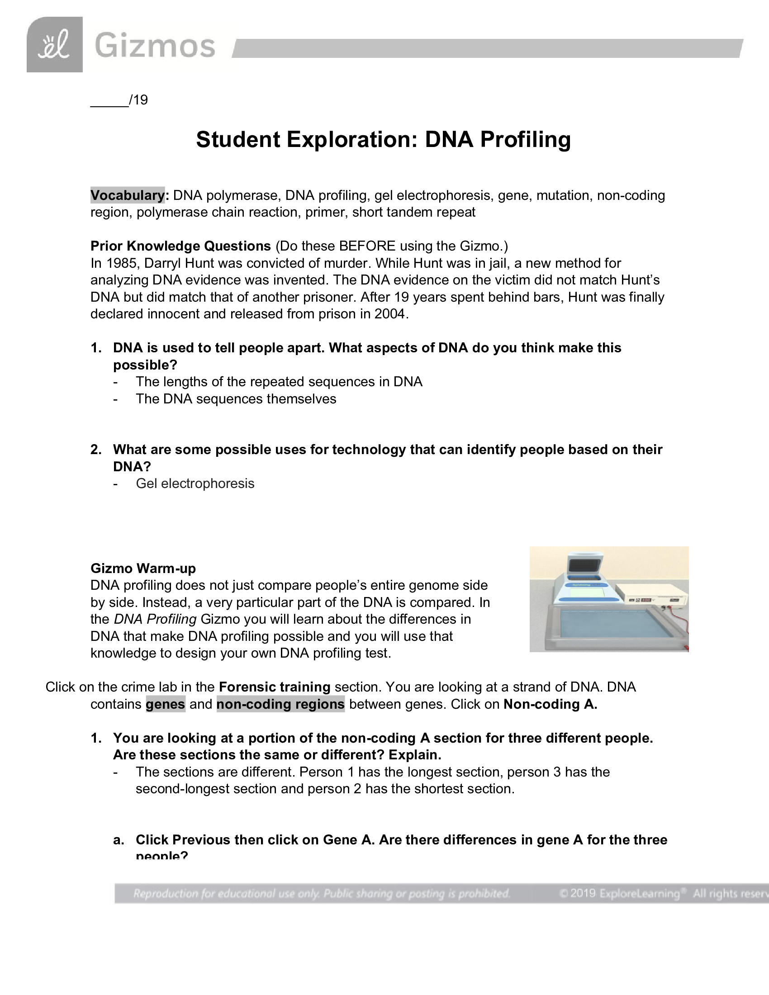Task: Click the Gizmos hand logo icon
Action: (55, 45)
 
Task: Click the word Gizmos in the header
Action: (155, 46)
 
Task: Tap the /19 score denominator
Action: (139, 100)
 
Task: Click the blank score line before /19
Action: (109, 101)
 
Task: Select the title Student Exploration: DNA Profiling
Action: (383, 139)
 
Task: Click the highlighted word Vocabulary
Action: (128, 195)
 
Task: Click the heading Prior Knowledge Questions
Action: (180, 246)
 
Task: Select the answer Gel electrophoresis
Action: (195, 483)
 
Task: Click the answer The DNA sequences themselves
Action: (236, 399)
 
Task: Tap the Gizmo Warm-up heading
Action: (143, 569)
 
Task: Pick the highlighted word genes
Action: (166, 704)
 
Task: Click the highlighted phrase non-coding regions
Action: (280, 704)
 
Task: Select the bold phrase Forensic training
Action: (275, 687)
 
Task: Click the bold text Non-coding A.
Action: (550, 704)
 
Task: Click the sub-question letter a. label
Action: (119, 840)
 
